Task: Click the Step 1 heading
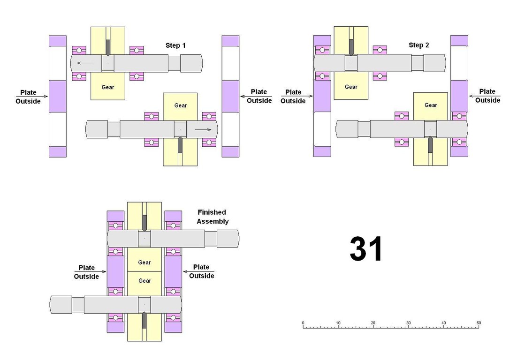(175, 45)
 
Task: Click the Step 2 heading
(419, 45)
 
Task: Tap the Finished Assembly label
(213, 217)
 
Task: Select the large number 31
(366, 248)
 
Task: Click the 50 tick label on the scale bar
(479, 323)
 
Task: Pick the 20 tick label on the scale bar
(373, 323)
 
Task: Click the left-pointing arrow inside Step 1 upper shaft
(85, 63)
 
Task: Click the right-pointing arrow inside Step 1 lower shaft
(203, 129)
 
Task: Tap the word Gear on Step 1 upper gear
(108, 87)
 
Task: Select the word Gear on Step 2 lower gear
(431, 105)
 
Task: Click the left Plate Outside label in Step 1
(28, 97)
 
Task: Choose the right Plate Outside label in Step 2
(487, 96)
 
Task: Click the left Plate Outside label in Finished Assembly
(86, 272)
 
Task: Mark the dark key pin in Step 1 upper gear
(108, 48)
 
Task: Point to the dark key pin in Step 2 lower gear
(430, 144)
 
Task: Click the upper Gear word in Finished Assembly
(144, 262)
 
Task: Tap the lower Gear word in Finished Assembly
(145, 281)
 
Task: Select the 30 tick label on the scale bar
(409, 323)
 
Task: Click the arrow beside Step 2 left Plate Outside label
(297, 96)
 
